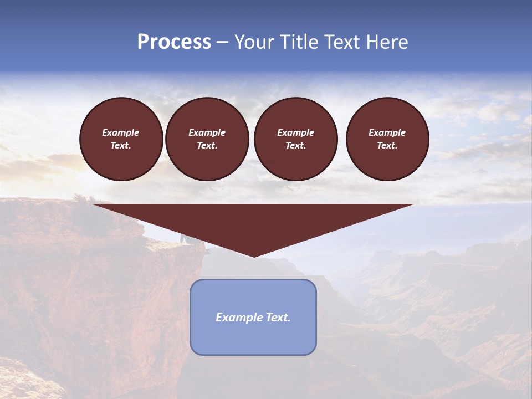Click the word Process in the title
[x=174, y=42]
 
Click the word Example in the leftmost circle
[x=121, y=132]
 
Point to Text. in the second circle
[x=207, y=146]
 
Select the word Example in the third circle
[x=296, y=132]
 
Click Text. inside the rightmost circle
[x=387, y=146]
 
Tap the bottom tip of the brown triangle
[x=254, y=256]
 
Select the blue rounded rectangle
[x=253, y=338]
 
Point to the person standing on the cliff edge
[x=183, y=239]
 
